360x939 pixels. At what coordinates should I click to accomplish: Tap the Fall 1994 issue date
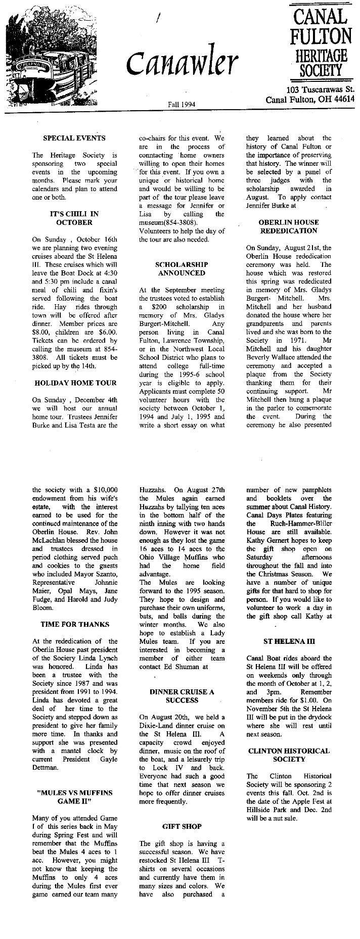(182, 104)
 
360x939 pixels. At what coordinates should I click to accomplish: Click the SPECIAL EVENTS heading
(74, 138)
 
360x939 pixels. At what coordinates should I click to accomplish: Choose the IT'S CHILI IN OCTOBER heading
(74, 218)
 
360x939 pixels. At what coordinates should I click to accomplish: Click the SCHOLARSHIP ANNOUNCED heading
(182, 268)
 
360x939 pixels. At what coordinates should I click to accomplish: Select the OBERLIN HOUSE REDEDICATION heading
(289, 226)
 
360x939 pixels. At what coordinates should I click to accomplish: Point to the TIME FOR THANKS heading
(75, 624)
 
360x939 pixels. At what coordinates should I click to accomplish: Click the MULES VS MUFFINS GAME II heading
(75, 797)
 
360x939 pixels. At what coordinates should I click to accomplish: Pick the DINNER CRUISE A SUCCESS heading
(182, 696)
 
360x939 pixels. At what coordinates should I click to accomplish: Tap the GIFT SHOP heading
(182, 826)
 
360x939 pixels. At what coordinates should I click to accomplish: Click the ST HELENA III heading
(289, 641)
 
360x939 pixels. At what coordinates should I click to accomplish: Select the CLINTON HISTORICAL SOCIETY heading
(289, 755)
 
